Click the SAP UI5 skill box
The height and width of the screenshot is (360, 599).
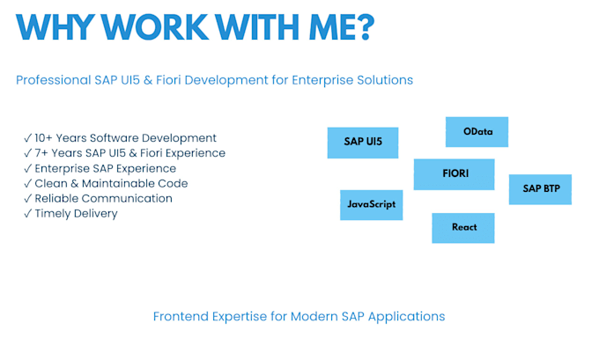(x=363, y=143)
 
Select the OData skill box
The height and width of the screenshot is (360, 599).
(x=477, y=132)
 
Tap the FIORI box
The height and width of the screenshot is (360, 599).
(x=454, y=174)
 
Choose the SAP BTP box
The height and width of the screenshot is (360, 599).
(x=540, y=189)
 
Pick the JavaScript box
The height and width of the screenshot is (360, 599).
(x=372, y=205)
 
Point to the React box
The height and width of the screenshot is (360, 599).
(x=463, y=228)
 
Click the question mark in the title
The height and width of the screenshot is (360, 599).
(x=366, y=26)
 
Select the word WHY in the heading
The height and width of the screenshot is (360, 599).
(x=55, y=26)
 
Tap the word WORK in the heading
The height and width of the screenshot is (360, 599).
(x=155, y=26)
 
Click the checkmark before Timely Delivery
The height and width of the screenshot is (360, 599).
(x=27, y=213)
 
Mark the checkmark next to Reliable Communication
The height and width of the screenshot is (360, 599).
(x=27, y=198)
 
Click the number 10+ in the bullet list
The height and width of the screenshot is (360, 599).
(x=43, y=138)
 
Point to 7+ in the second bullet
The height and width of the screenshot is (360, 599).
(x=41, y=153)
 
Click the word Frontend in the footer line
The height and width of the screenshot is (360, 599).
(x=181, y=317)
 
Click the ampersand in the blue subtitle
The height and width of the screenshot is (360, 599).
(x=148, y=80)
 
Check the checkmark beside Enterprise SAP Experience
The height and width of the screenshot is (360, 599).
(x=27, y=168)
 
